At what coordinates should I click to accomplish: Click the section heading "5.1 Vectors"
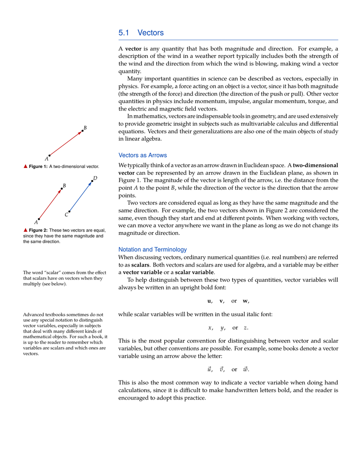(141, 33)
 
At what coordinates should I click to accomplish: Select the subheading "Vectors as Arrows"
(142, 155)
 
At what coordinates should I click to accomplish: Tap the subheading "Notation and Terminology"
(152, 249)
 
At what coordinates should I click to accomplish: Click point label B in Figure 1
(85, 128)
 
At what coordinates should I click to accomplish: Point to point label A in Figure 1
(46, 159)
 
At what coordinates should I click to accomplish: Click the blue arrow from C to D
(81, 196)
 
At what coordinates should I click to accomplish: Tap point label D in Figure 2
(95, 178)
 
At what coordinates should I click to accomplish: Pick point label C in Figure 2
(66, 214)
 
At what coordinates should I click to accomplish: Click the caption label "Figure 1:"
(38, 167)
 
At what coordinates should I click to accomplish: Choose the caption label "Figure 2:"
(38, 230)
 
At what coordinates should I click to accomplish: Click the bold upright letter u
(209, 301)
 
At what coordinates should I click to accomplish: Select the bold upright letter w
(245, 301)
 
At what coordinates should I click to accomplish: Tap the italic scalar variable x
(210, 328)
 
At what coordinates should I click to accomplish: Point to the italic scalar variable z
(245, 328)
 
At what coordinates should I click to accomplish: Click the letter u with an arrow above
(209, 370)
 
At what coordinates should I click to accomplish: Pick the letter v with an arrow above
(222, 370)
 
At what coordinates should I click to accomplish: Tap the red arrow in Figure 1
(66, 143)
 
